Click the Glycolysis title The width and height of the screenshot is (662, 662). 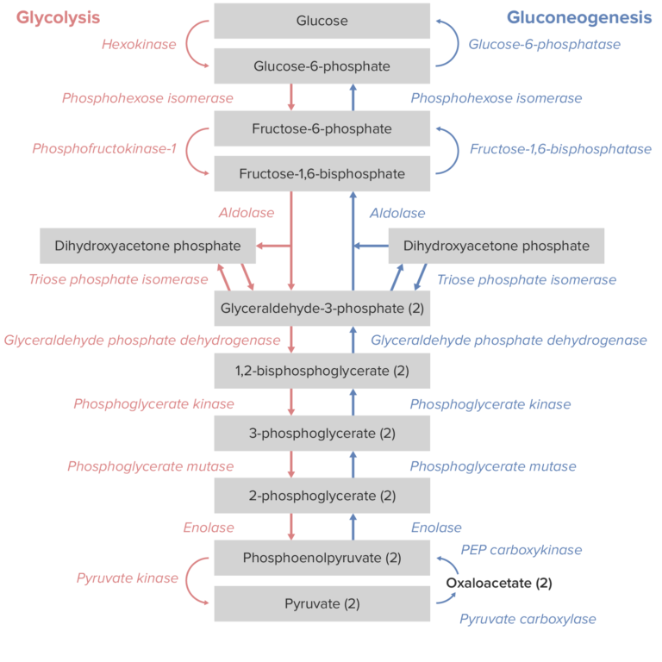59,17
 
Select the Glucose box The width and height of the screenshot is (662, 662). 322,21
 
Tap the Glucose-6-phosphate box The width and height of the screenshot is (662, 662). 322,66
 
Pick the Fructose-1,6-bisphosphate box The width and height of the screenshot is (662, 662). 322,174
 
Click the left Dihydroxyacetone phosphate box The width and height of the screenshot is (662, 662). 147,246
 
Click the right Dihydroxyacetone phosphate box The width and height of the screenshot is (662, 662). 496,246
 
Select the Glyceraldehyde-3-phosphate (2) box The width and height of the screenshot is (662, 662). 322,308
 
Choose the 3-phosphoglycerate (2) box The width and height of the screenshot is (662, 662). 322,434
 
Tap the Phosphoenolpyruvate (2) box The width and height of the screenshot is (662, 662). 322,558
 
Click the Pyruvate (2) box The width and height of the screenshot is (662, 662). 322,603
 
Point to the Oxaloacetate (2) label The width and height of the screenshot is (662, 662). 498,584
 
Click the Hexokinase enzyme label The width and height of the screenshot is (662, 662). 139,44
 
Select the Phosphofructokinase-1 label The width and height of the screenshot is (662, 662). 104,149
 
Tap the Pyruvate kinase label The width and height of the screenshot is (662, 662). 127,578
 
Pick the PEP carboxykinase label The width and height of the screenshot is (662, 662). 521,550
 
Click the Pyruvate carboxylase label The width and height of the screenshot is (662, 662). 528,619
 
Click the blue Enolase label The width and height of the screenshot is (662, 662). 436,528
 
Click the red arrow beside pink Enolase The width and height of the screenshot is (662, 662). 291,526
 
